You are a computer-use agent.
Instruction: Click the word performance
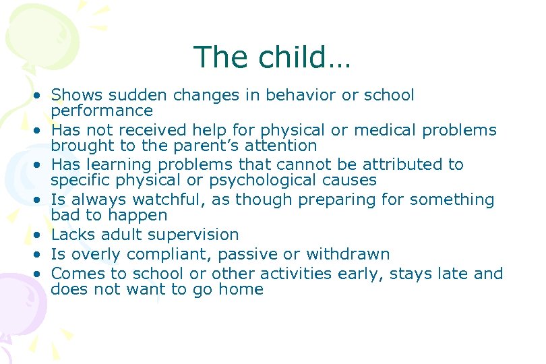(102, 111)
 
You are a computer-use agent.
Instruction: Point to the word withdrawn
(347, 254)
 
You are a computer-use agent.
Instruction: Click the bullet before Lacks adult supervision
(41, 235)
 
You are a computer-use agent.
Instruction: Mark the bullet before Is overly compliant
(41, 255)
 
